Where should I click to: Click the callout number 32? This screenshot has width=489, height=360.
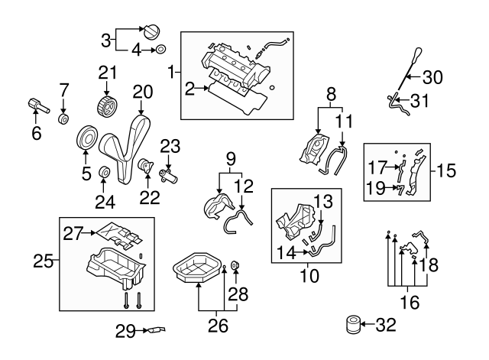[387, 326]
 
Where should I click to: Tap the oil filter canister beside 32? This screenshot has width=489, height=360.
[352, 325]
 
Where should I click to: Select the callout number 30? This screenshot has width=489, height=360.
[432, 76]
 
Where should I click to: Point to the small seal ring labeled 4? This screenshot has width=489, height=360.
[160, 50]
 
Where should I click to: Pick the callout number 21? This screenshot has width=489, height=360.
[106, 73]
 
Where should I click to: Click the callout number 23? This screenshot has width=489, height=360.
[170, 145]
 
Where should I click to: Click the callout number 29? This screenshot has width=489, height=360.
[126, 331]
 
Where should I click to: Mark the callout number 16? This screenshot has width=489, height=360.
[410, 303]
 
